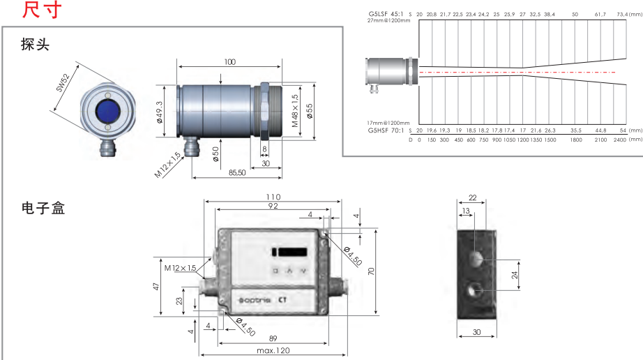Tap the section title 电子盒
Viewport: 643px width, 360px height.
43,208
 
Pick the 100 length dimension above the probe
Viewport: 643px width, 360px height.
229,61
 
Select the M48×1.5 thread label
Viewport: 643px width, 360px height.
295,110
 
